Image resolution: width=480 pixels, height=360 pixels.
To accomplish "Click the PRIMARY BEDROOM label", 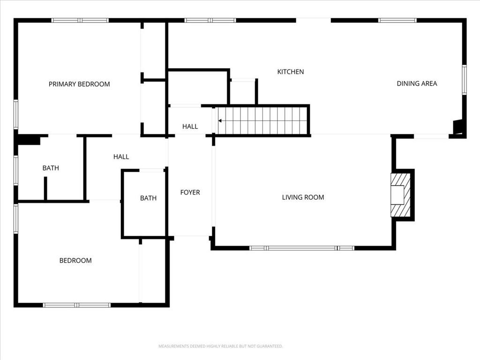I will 79,84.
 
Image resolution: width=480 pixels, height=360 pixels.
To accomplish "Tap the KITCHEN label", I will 291,72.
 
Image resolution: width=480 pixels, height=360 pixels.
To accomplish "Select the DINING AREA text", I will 417,83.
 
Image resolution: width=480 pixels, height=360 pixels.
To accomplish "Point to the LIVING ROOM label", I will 303,197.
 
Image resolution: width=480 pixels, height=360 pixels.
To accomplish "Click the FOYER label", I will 190,192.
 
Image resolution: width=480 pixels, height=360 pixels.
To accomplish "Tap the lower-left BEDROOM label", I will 75,261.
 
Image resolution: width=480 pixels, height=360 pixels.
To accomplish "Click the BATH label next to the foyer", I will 148,198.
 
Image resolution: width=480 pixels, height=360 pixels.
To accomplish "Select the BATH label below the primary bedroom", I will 51,168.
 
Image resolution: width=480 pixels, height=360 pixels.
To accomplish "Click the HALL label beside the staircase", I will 190,127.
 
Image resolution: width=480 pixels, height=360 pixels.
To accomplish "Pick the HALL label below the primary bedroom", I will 121,157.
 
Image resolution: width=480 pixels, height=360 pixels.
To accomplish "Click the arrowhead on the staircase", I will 220,121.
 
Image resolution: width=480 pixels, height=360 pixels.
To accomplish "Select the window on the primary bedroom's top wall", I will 80,20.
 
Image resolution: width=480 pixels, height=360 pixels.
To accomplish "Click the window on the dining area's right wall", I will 464,80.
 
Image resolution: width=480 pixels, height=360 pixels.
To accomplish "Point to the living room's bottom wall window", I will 301,248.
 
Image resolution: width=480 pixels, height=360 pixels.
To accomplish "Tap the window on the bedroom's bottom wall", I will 77,305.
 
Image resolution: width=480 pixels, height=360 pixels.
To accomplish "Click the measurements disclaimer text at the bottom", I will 220,346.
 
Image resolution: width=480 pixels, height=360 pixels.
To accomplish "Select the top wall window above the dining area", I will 397,20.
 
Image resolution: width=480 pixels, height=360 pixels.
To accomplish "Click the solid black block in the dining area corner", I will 458,127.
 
